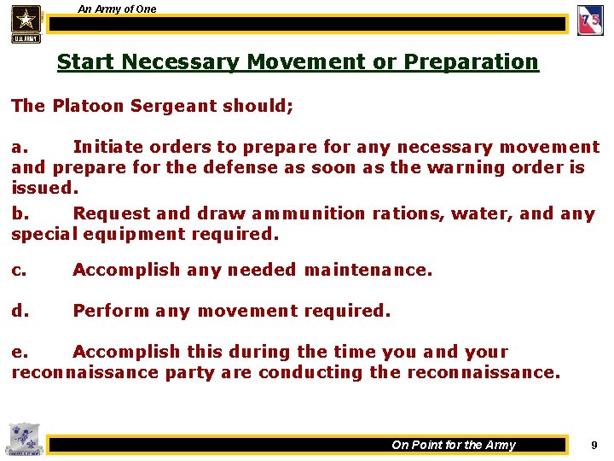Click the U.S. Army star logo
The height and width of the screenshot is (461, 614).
(x=26, y=22)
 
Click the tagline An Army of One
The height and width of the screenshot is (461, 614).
(x=117, y=9)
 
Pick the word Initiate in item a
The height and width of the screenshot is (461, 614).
(x=106, y=148)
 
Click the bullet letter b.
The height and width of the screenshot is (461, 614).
(x=18, y=213)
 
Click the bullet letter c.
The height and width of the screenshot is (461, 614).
(x=18, y=270)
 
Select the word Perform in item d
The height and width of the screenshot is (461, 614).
(x=110, y=311)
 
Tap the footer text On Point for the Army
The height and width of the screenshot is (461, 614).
(x=454, y=445)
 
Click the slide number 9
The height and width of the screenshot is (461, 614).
(x=594, y=445)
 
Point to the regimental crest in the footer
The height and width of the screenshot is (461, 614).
(x=22, y=440)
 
